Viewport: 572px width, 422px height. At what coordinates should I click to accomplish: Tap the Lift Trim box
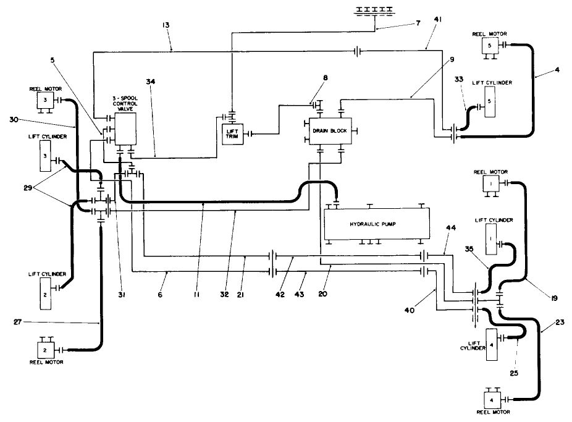(x=233, y=133)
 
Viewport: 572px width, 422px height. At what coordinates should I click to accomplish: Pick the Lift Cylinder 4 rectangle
(x=492, y=344)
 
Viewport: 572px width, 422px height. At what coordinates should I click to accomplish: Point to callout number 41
(x=437, y=20)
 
